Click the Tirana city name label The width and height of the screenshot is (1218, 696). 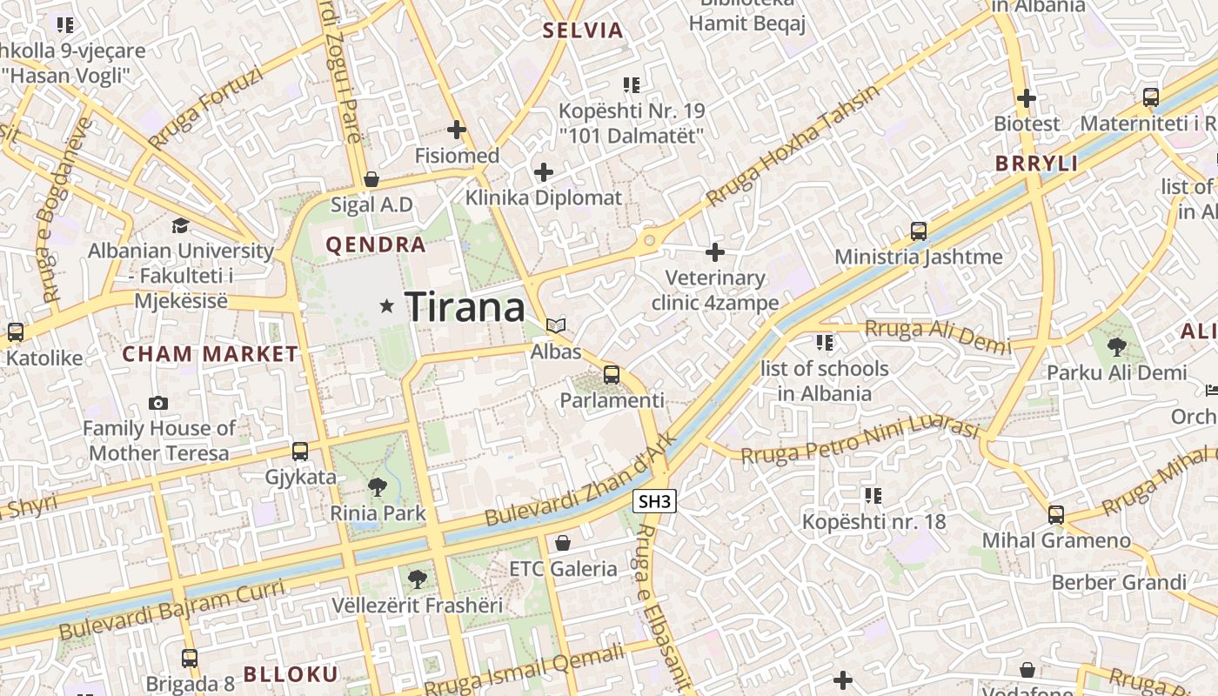[x=465, y=307]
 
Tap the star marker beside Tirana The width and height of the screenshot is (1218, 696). [x=387, y=305]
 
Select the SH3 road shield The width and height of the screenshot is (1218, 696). [x=655, y=501]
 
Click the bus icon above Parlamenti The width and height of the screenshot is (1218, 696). [x=612, y=375]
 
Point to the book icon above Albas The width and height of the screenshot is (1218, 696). [x=556, y=325]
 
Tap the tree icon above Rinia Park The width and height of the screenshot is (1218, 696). [x=378, y=487]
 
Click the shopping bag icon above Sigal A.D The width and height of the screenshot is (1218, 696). [x=371, y=179]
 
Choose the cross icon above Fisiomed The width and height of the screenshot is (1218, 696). [x=457, y=130]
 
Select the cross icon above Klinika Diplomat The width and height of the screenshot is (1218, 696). [x=544, y=172]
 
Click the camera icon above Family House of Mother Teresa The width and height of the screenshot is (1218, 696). [x=158, y=403]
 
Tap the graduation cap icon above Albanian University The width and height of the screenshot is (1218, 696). [x=180, y=226]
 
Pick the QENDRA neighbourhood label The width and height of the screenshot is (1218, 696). [x=376, y=245]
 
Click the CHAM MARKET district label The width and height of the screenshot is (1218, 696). [x=211, y=354]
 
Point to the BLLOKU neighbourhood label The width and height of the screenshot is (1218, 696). [x=291, y=674]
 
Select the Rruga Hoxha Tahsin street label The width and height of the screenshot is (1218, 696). [x=793, y=145]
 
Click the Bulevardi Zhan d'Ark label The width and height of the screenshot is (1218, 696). [x=580, y=480]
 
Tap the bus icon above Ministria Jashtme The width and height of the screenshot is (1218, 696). [x=919, y=231]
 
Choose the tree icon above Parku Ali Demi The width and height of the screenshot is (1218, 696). [x=1117, y=347]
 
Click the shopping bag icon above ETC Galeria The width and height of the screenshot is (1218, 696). [x=563, y=543]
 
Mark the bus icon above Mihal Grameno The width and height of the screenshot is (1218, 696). [x=1056, y=515]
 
